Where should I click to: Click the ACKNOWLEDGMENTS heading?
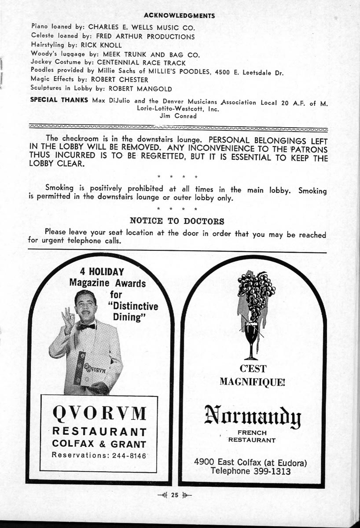[179, 16]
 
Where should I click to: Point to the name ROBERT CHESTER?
[119, 80]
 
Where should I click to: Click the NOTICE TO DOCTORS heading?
[177, 221]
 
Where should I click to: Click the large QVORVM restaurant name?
[99, 414]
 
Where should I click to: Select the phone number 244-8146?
[127, 455]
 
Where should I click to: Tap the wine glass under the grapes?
[251, 337]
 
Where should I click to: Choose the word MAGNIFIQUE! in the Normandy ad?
[252, 381]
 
